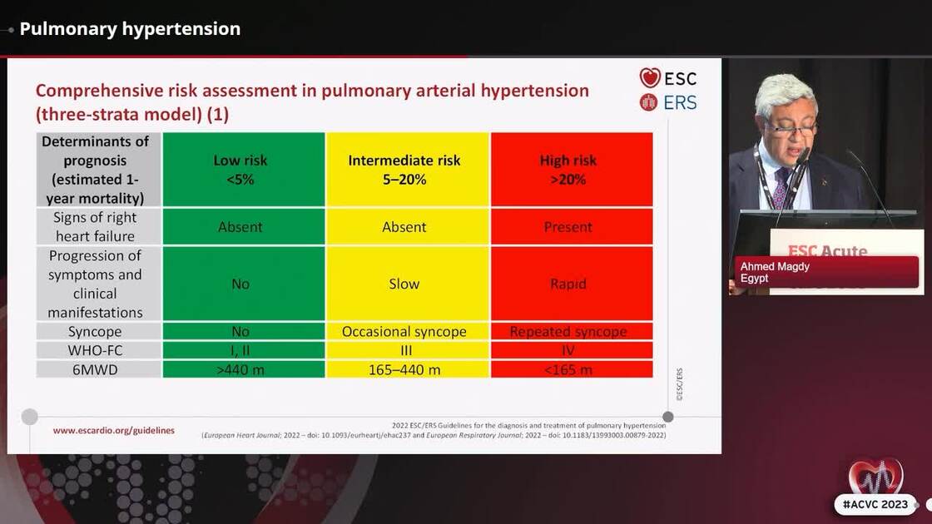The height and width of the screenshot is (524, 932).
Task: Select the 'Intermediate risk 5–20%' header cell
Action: pyautogui.click(x=404, y=170)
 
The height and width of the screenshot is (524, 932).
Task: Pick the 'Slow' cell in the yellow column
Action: pyautogui.click(x=404, y=284)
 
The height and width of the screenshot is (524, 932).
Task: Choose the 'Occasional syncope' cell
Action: pyautogui.click(x=404, y=331)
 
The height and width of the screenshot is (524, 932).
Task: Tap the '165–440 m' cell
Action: pyautogui.click(x=404, y=369)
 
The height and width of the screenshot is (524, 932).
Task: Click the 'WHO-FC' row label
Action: pyautogui.click(x=99, y=350)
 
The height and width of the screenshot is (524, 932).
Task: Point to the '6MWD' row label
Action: pyautogui.click(x=99, y=369)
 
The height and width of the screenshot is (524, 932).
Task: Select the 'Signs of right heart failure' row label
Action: pyautogui.click(x=99, y=227)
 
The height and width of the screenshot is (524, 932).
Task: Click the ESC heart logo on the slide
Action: pyautogui.click(x=650, y=78)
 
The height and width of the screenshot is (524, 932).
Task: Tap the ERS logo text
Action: pyautogui.click(x=680, y=102)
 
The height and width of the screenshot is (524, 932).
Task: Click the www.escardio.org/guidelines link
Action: pyautogui.click(x=114, y=430)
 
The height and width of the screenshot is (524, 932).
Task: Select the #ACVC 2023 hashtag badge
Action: pyautogui.click(x=875, y=505)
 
